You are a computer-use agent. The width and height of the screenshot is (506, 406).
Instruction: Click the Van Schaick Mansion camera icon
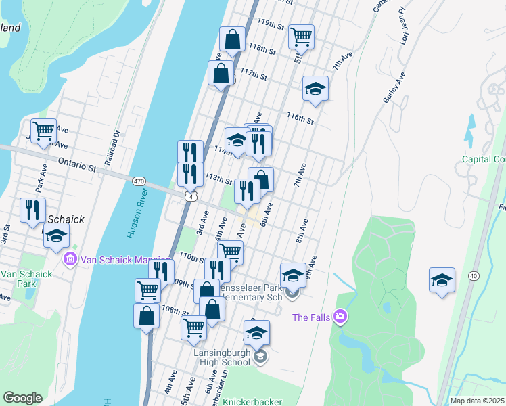(70, 259)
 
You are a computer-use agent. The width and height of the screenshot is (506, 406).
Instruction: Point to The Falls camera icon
(340, 316)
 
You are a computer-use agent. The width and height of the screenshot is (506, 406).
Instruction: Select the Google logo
(22, 397)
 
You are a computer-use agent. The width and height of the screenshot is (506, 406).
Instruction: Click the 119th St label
(271, 24)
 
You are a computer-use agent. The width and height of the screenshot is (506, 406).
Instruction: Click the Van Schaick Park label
(26, 279)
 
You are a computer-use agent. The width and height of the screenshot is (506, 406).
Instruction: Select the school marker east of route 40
(442, 279)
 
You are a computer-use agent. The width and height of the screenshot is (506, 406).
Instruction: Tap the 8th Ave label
(302, 230)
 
